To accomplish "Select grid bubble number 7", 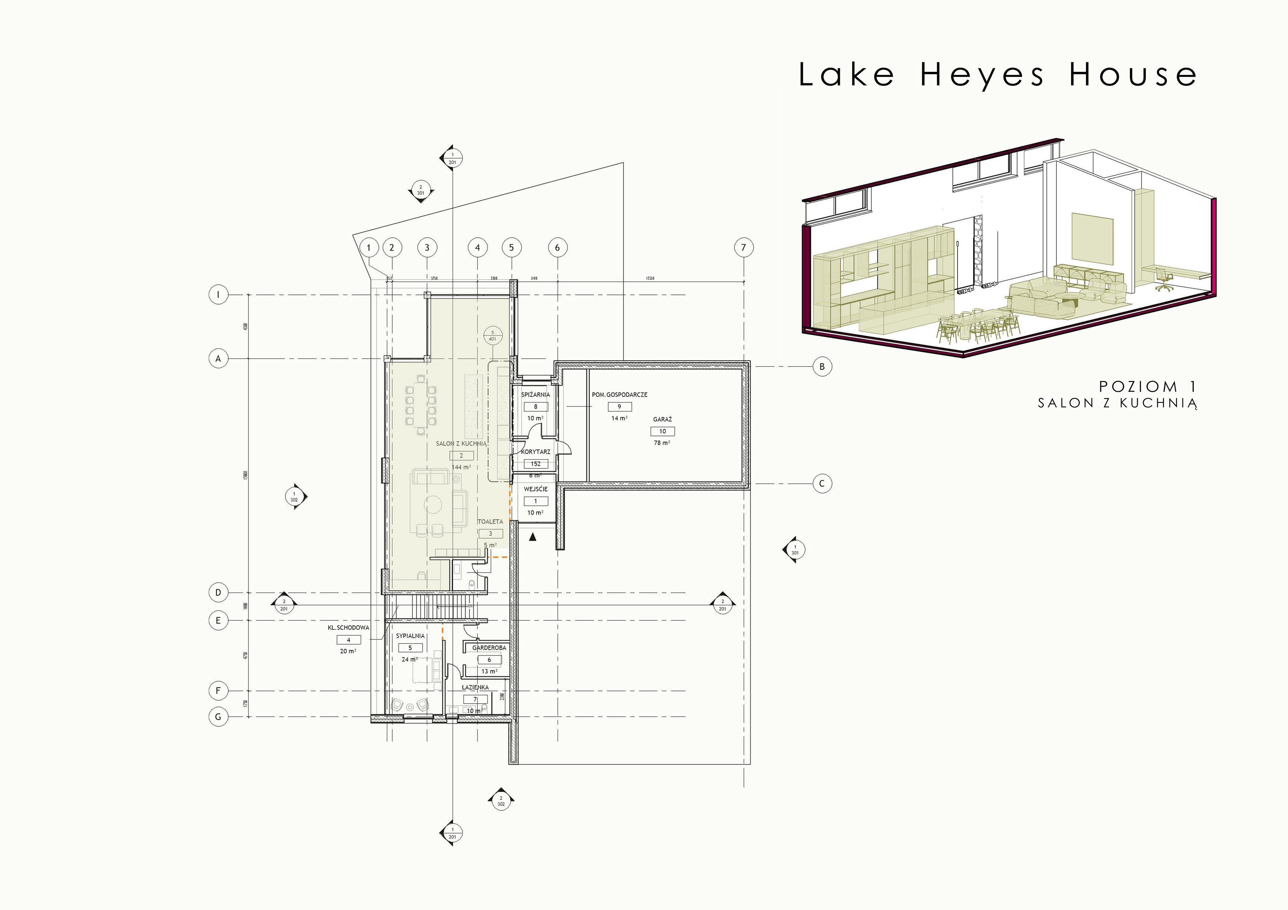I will coord(743,247).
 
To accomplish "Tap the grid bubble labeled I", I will coord(218,294).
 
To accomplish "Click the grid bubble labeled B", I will coord(822,367).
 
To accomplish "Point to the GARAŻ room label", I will coord(662,419).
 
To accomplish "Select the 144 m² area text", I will coord(461,467).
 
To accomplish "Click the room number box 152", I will coord(536,464).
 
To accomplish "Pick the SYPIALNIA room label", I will coord(410,636).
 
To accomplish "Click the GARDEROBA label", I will coord(489,648).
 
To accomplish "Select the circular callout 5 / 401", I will coord(492,336).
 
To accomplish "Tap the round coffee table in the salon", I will coord(433,504).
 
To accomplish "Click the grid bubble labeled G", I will coord(218,717).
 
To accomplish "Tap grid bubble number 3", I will coord(427,247).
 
